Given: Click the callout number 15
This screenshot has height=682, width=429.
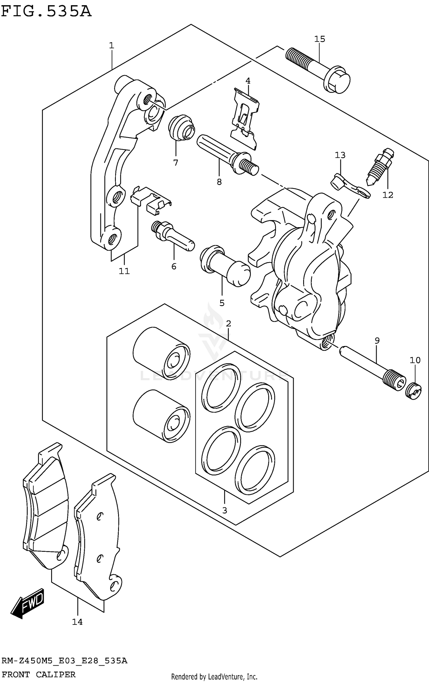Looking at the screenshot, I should coord(320,39).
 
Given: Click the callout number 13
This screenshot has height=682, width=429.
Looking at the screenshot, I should coord(340,155).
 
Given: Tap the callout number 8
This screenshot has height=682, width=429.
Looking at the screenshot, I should coord(219,182).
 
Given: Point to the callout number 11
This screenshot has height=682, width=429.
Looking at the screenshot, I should coord(124,271).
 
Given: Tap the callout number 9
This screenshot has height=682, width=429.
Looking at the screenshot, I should coord(377,341).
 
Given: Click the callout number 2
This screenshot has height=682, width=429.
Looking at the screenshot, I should coord(228,324).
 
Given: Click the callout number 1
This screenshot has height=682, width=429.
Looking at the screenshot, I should coord(112,45).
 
